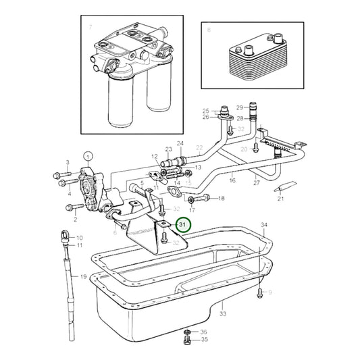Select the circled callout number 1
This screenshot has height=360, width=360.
coord(88,156)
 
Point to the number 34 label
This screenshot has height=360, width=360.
coord(264,225)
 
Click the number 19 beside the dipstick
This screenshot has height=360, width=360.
coord(83,278)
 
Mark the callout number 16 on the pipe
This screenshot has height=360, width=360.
coord(232,181)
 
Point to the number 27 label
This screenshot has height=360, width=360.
coord(256,182)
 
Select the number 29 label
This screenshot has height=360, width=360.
coord(239,107)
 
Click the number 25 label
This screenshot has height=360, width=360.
coord(207,110)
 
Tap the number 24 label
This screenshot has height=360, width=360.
coord(180,143)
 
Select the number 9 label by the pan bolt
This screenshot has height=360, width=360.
coord(269,292)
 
